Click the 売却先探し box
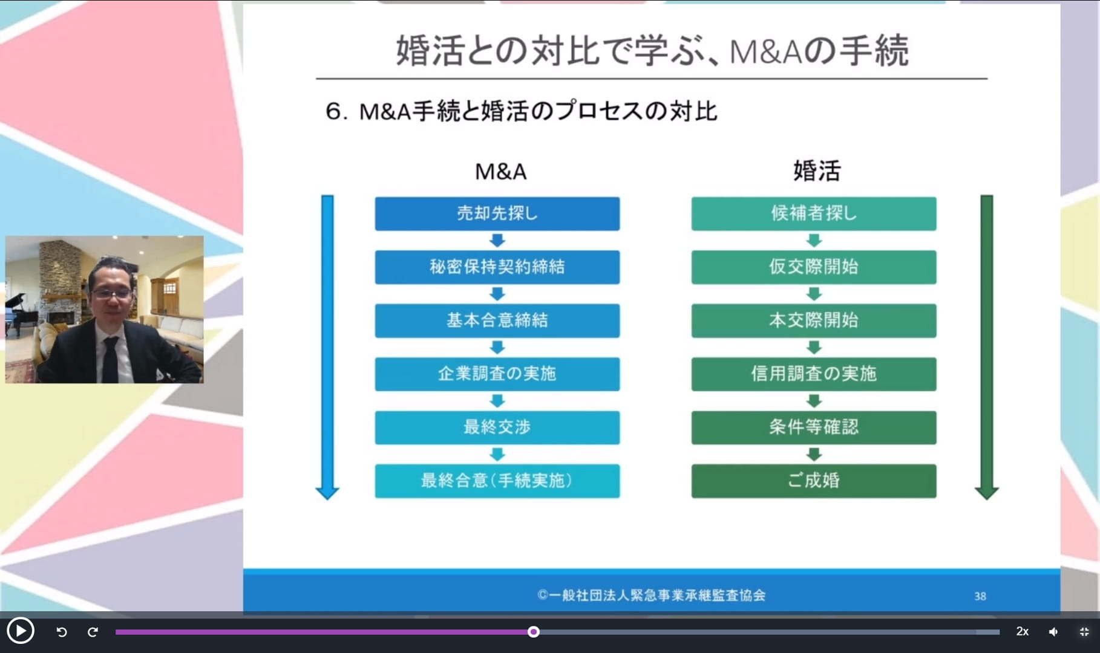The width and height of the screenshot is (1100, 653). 497,213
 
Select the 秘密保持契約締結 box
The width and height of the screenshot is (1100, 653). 497,267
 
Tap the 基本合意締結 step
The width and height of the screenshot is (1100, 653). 497,320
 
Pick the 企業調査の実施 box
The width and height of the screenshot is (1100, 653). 497,374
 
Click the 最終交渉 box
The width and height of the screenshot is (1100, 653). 497,427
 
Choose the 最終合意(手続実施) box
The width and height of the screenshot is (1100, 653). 497,481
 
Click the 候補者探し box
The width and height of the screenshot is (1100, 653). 814,213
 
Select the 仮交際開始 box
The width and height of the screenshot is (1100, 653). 814,267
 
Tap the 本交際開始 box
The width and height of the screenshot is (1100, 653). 814,320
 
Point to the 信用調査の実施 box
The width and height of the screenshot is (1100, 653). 814,374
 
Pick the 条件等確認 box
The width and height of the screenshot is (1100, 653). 814,427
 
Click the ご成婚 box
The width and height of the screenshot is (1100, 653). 814,481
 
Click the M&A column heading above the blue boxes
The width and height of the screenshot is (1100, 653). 500,172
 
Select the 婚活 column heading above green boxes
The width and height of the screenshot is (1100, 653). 817,171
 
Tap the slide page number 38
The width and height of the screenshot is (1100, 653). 980,596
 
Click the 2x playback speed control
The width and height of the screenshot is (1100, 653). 1022,631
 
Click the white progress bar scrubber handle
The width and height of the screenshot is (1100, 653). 533,632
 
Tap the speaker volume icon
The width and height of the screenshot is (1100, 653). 1053,632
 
